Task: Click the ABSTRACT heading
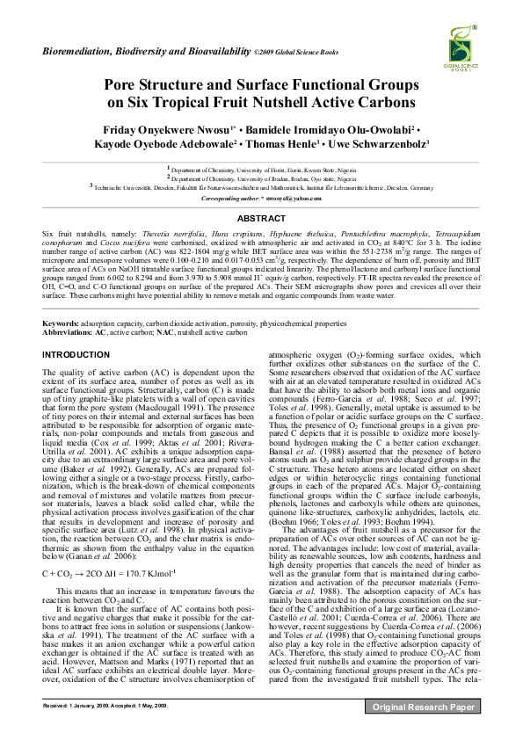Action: coord(261,218)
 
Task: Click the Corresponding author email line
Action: coord(261,199)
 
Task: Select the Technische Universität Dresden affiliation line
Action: coord(261,187)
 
